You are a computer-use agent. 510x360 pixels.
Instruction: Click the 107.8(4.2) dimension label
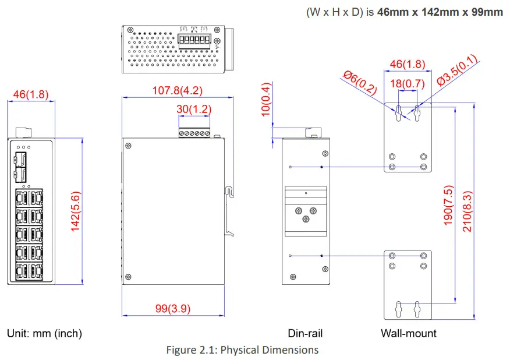[x=178, y=90]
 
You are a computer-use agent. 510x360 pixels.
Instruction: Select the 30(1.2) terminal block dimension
[x=194, y=109]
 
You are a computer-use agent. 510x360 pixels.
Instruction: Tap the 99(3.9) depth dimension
[x=173, y=308]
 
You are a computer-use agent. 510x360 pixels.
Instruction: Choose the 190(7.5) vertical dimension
[x=448, y=206]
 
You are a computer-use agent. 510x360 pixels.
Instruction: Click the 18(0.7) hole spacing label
[x=407, y=83]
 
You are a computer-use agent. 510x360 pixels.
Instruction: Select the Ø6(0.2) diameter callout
[x=360, y=83]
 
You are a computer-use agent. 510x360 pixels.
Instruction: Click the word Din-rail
[x=305, y=334]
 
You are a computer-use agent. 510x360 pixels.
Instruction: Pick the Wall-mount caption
[x=409, y=334]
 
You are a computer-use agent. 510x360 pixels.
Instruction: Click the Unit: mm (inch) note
[x=44, y=334]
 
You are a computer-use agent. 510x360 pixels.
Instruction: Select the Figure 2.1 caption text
[x=242, y=350]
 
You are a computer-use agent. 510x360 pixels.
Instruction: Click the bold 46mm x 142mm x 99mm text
[x=440, y=12]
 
